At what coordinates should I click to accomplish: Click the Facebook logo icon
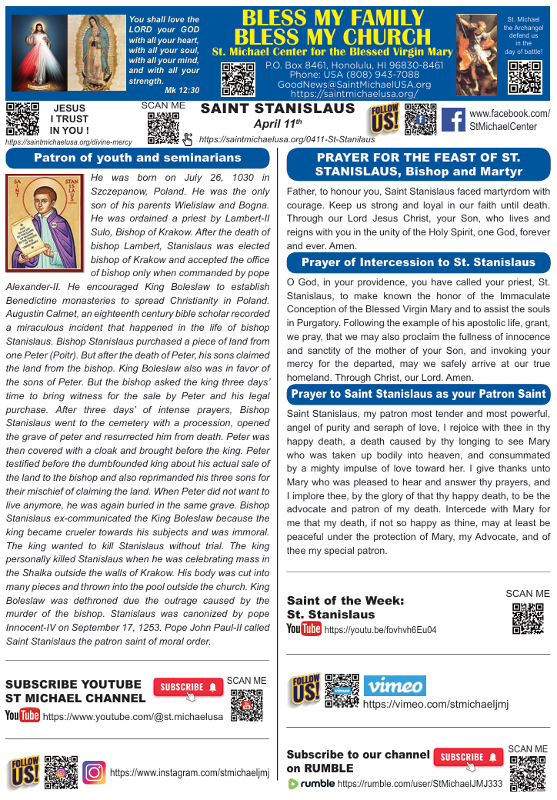[x=453, y=120]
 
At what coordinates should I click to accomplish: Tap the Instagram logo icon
[x=94, y=772]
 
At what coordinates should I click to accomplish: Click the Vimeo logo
[x=394, y=686]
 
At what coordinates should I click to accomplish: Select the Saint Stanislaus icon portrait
[x=45, y=215]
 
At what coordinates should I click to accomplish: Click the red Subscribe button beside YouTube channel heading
[x=188, y=687]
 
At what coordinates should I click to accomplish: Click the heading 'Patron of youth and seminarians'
[x=138, y=158]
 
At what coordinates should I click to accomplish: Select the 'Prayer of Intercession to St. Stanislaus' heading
[x=419, y=262]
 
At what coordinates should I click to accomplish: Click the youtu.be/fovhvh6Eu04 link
[x=380, y=630]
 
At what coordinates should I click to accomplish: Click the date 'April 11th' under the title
[x=277, y=123]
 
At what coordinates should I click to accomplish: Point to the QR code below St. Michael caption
[x=525, y=77]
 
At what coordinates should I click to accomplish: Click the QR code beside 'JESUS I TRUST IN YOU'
[x=22, y=118]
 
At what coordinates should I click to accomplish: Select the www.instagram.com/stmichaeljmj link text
[x=189, y=772]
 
